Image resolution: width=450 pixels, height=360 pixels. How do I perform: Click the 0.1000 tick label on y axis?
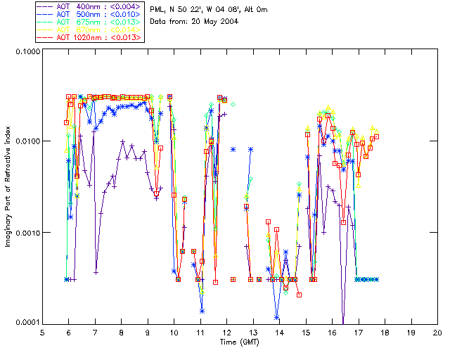click(24, 53)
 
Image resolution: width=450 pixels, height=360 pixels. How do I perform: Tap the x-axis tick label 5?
click(42, 332)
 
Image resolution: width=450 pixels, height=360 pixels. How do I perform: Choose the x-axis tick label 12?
click(227, 332)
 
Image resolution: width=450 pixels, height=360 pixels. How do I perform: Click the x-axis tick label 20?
click(437, 332)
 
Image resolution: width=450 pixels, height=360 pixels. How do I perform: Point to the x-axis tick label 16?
click(332, 332)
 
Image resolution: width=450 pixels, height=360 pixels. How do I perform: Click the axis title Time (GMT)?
click(240, 342)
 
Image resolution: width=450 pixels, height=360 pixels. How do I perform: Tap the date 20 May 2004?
click(214, 22)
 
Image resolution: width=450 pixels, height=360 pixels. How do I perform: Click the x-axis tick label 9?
click(148, 332)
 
